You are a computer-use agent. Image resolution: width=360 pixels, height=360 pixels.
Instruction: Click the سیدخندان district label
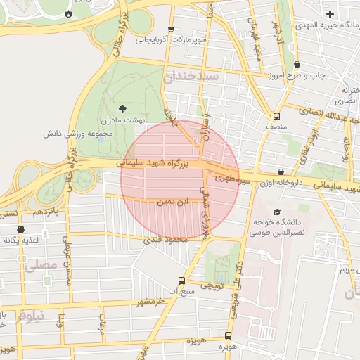[192, 75]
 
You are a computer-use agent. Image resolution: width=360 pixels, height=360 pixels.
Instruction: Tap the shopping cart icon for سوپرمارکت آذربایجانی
[171, 30]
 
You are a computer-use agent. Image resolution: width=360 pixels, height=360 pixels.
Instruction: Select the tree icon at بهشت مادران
[123, 108]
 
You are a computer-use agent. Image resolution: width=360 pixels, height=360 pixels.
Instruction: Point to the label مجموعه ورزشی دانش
[74, 133]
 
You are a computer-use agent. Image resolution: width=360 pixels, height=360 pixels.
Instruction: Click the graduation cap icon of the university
[276, 211]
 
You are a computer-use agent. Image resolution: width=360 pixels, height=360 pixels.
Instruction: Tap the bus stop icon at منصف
[276, 116]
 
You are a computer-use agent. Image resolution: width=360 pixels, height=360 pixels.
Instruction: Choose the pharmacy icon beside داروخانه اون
[281, 171]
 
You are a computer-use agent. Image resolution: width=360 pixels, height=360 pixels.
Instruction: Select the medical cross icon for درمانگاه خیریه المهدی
[330, 14]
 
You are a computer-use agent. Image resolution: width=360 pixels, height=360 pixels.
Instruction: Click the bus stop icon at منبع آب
[181, 281]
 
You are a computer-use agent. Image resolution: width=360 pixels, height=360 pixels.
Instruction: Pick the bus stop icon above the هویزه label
[227, 336]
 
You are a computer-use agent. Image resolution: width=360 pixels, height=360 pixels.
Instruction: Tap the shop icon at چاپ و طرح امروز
[297, 64]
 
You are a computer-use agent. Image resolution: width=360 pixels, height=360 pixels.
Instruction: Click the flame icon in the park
[68, 13]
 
